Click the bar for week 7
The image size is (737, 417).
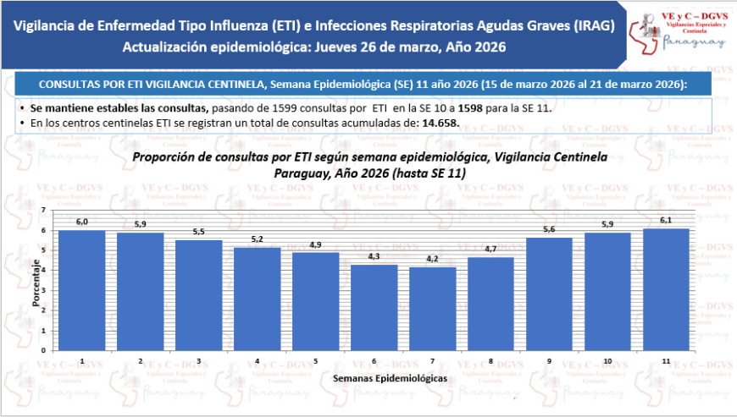(x=432, y=309)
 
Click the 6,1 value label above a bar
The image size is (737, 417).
(x=666, y=221)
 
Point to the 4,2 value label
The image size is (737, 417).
(x=432, y=260)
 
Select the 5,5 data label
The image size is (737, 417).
(x=198, y=233)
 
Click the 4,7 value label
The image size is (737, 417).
(x=490, y=250)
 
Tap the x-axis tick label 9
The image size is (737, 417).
(x=549, y=360)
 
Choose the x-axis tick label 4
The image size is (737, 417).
(x=257, y=360)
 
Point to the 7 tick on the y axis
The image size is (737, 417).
(x=43, y=210)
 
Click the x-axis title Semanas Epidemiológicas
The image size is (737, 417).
(x=390, y=377)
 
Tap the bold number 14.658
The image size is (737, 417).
(x=440, y=123)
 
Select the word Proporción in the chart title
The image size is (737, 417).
(x=169, y=157)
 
